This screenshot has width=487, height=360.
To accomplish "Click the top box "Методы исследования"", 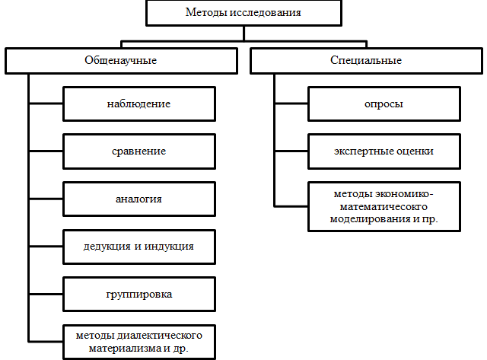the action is click(x=243, y=13).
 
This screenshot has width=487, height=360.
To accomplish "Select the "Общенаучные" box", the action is click(x=122, y=61).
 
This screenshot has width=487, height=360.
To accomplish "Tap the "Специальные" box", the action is click(x=367, y=61).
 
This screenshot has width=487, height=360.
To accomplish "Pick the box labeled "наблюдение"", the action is click(x=139, y=104).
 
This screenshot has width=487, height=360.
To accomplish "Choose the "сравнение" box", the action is click(x=139, y=151).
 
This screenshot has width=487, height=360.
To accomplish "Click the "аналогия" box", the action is click(x=139, y=199).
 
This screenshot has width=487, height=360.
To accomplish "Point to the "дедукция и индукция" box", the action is click(x=139, y=247).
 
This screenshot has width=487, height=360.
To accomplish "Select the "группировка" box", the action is click(x=139, y=294).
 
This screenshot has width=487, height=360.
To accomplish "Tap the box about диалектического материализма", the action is click(x=139, y=342).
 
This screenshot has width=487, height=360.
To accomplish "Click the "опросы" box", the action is click(x=384, y=104).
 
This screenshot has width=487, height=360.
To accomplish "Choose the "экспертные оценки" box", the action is click(x=384, y=151).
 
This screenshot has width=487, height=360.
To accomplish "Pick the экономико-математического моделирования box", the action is click(x=384, y=206).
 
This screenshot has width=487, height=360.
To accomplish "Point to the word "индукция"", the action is click(x=169, y=247).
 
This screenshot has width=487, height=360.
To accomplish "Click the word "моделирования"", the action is click(x=371, y=219).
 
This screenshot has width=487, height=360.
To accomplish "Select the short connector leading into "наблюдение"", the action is click(x=46, y=103).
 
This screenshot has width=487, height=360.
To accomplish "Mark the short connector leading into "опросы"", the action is click(x=291, y=103).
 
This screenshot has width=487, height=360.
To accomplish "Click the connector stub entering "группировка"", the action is click(x=46, y=294).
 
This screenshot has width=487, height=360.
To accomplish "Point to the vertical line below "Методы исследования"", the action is click(x=243, y=33).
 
